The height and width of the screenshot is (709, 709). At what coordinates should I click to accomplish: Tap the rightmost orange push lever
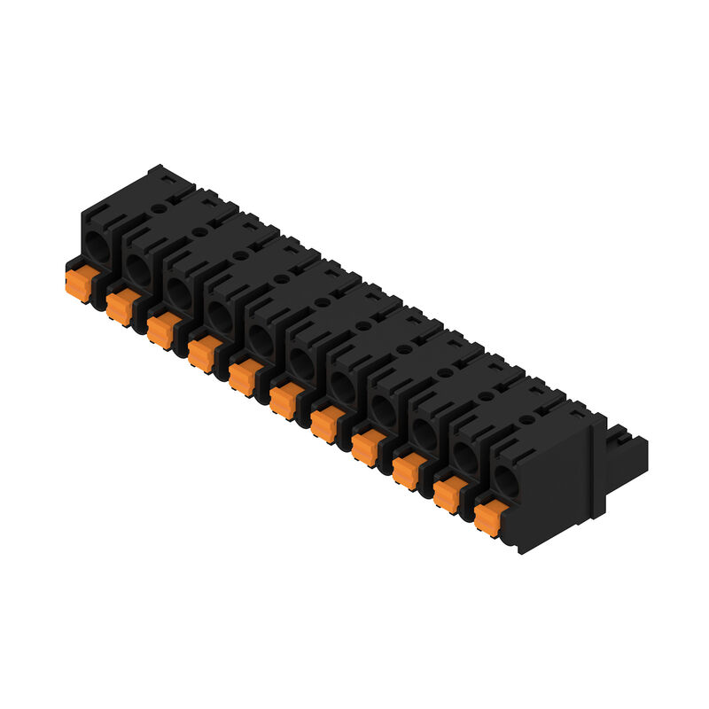[x=488, y=518]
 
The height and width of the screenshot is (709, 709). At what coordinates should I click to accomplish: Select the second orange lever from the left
[x=119, y=308]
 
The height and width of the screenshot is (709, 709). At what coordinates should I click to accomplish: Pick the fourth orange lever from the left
[x=201, y=354]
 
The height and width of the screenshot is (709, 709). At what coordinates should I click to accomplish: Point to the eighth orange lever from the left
[x=365, y=448]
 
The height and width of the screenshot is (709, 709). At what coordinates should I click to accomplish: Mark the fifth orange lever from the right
[x=324, y=425]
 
